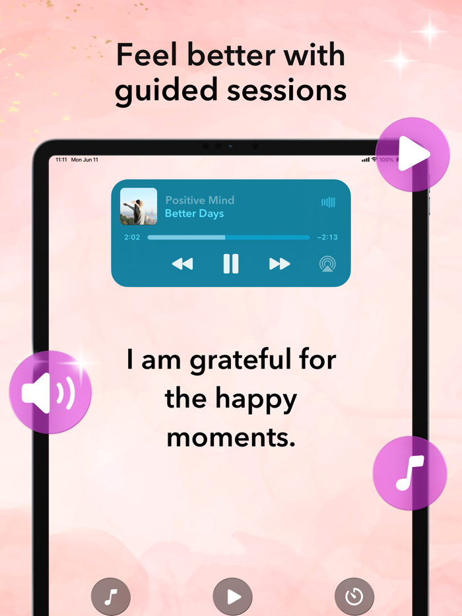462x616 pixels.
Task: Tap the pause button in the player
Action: pyautogui.click(x=230, y=264)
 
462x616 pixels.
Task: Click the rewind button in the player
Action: pyautogui.click(x=182, y=264)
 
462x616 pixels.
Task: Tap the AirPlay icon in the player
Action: pyautogui.click(x=327, y=264)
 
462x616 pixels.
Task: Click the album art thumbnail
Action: pyautogui.click(x=139, y=206)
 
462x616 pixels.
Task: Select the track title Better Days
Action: pyautogui.click(x=194, y=214)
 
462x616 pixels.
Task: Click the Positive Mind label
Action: pyautogui.click(x=199, y=200)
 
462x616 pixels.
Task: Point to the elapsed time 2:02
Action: pyautogui.click(x=132, y=237)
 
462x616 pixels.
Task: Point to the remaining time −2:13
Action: pyautogui.click(x=327, y=237)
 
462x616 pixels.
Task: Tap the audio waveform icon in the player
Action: pyautogui.click(x=328, y=202)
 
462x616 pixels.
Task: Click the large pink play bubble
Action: pyautogui.click(x=412, y=155)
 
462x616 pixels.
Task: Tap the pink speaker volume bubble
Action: pyautogui.click(x=49, y=392)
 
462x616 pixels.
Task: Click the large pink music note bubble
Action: pyautogui.click(x=410, y=472)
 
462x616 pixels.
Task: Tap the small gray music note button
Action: pyautogui.click(x=111, y=597)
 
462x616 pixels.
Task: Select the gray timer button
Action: pyautogui.click(x=354, y=597)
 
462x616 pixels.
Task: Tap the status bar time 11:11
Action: pyautogui.click(x=61, y=160)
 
